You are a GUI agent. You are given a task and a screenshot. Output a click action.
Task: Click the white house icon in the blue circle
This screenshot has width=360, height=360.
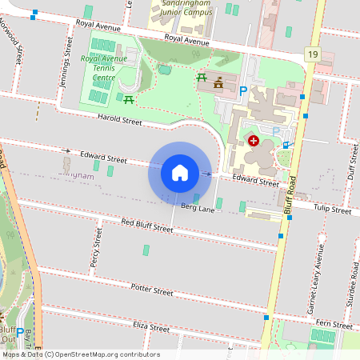pyautogui.click(x=180, y=173)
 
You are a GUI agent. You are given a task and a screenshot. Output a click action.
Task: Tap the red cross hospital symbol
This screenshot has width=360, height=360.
pyautogui.click(x=254, y=141)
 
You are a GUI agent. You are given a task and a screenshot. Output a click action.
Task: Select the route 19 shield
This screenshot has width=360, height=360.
pyautogui.click(x=312, y=54)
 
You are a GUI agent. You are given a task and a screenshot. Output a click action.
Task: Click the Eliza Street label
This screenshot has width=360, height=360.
pyautogui.click(x=150, y=327)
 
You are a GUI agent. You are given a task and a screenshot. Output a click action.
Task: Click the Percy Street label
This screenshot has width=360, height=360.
pyautogui.click(x=95, y=247)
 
